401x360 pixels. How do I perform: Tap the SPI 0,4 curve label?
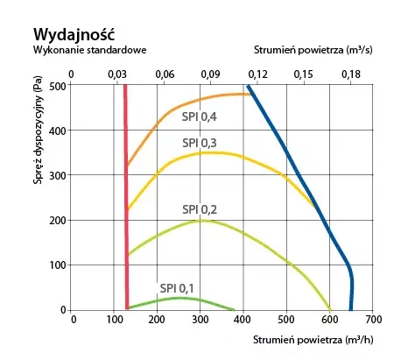(200, 116)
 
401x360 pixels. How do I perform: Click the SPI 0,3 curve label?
(200, 143)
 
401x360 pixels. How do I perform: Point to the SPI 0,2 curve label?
(200, 209)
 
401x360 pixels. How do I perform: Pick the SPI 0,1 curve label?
(177, 287)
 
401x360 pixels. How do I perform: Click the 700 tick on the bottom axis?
(372, 321)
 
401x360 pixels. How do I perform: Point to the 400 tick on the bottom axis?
(243, 321)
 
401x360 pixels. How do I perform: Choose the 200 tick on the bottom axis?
(158, 321)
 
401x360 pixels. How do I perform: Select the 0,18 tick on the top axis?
(350, 75)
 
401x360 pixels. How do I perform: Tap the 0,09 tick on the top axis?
(209, 75)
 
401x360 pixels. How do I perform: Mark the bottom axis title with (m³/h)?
(312, 338)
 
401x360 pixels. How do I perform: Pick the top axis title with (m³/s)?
(313, 50)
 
